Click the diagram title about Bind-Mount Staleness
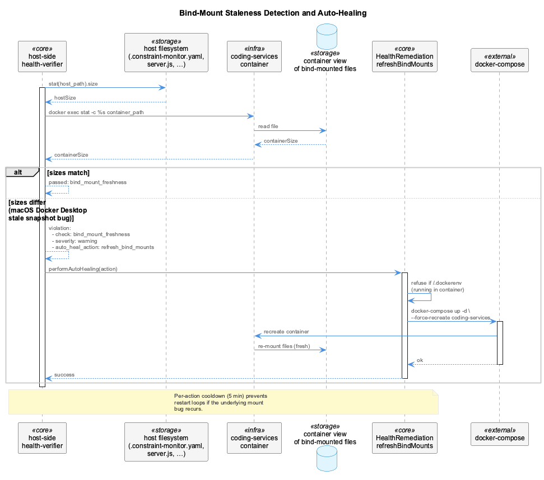click(273, 13)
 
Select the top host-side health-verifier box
click(43, 57)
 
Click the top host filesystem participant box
click(166, 53)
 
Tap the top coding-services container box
click(254, 57)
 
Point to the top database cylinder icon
click(327, 36)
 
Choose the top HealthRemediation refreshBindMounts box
click(404, 57)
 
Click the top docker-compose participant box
click(500, 60)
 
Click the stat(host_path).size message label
click(73, 84)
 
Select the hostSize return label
click(65, 98)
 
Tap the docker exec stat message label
click(96, 112)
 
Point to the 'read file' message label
click(268, 126)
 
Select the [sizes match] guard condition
click(68, 173)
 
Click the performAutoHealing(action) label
click(83, 269)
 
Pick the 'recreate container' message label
click(286, 332)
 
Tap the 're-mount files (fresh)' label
click(284, 346)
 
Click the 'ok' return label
click(420, 360)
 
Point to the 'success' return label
click(64, 375)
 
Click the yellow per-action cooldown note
click(224, 402)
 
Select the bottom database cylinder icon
click(327, 459)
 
